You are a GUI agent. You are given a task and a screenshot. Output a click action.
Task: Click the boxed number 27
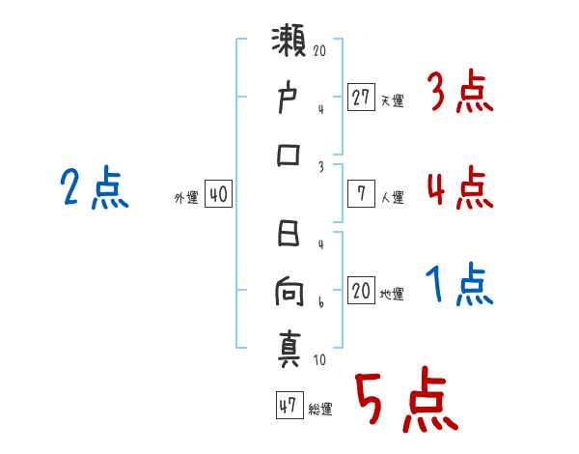click(x=361, y=98)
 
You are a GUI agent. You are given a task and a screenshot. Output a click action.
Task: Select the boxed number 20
click(x=361, y=291)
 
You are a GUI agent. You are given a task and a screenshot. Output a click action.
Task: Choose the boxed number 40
click(x=218, y=194)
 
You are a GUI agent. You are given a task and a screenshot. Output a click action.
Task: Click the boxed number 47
click(x=287, y=406)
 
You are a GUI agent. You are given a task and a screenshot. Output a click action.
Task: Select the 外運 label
click(x=186, y=197)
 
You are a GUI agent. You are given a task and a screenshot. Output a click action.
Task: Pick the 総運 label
click(x=319, y=409)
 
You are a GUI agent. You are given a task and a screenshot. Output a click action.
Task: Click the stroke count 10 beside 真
click(x=319, y=360)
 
